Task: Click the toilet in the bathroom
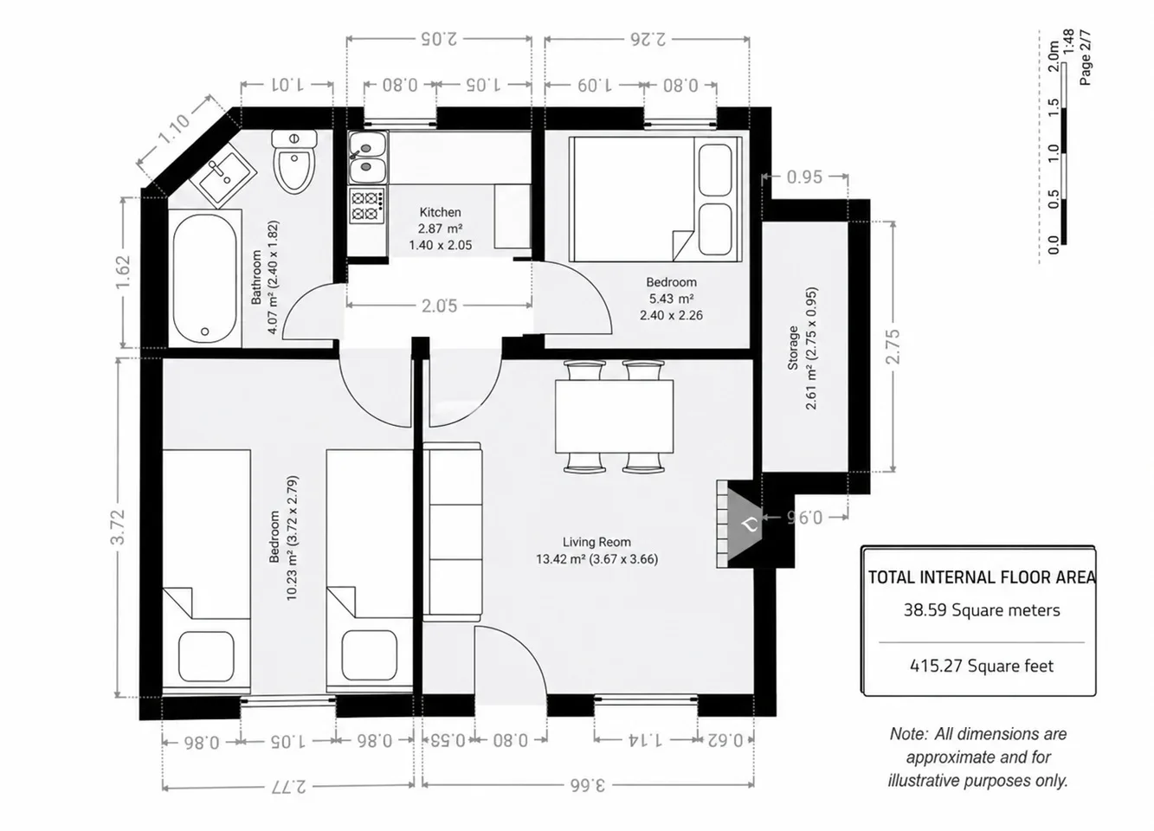click(294, 161)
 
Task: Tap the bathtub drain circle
click(205, 332)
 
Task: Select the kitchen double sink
click(367, 158)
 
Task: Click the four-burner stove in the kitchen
click(367, 205)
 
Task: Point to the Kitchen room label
click(440, 212)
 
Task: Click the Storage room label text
click(792, 348)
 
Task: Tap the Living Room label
click(596, 542)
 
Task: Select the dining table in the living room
click(614, 416)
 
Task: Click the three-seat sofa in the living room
click(452, 531)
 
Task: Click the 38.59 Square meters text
click(982, 610)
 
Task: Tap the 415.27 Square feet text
click(982, 666)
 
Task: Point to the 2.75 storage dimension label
click(893, 346)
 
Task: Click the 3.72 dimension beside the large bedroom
click(118, 526)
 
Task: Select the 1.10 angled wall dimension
click(174, 129)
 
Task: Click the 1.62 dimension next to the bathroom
click(123, 272)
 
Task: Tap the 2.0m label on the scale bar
click(1054, 56)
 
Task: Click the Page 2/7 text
click(1085, 57)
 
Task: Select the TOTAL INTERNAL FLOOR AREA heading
click(982, 577)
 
